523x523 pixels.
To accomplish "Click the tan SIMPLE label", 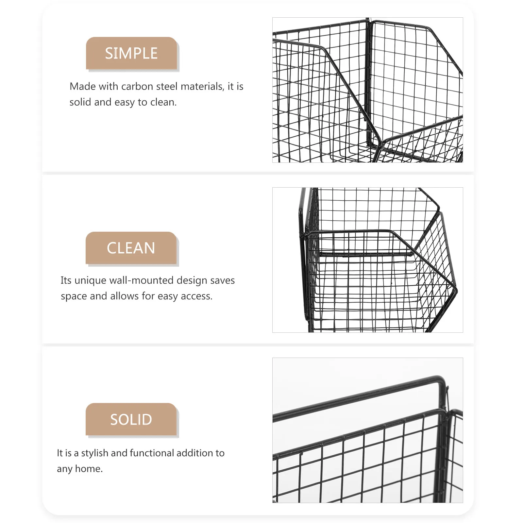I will tap(131, 53).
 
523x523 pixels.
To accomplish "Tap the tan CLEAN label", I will tap(131, 248).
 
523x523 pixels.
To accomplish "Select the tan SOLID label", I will tap(131, 419).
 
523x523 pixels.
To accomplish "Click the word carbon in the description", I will tap(137, 86).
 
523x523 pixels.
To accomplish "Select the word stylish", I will tap(94, 453).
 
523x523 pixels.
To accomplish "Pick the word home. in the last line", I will tap(89, 469).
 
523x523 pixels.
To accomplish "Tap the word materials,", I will tap(202, 86).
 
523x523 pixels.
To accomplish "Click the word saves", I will tap(222, 280).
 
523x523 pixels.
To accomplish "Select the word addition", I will tap(194, 453).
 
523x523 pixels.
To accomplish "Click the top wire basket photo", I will tap(367, 90).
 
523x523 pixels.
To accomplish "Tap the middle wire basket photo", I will tap(367, 260).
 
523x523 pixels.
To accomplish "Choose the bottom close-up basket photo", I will tap(367, 430).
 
